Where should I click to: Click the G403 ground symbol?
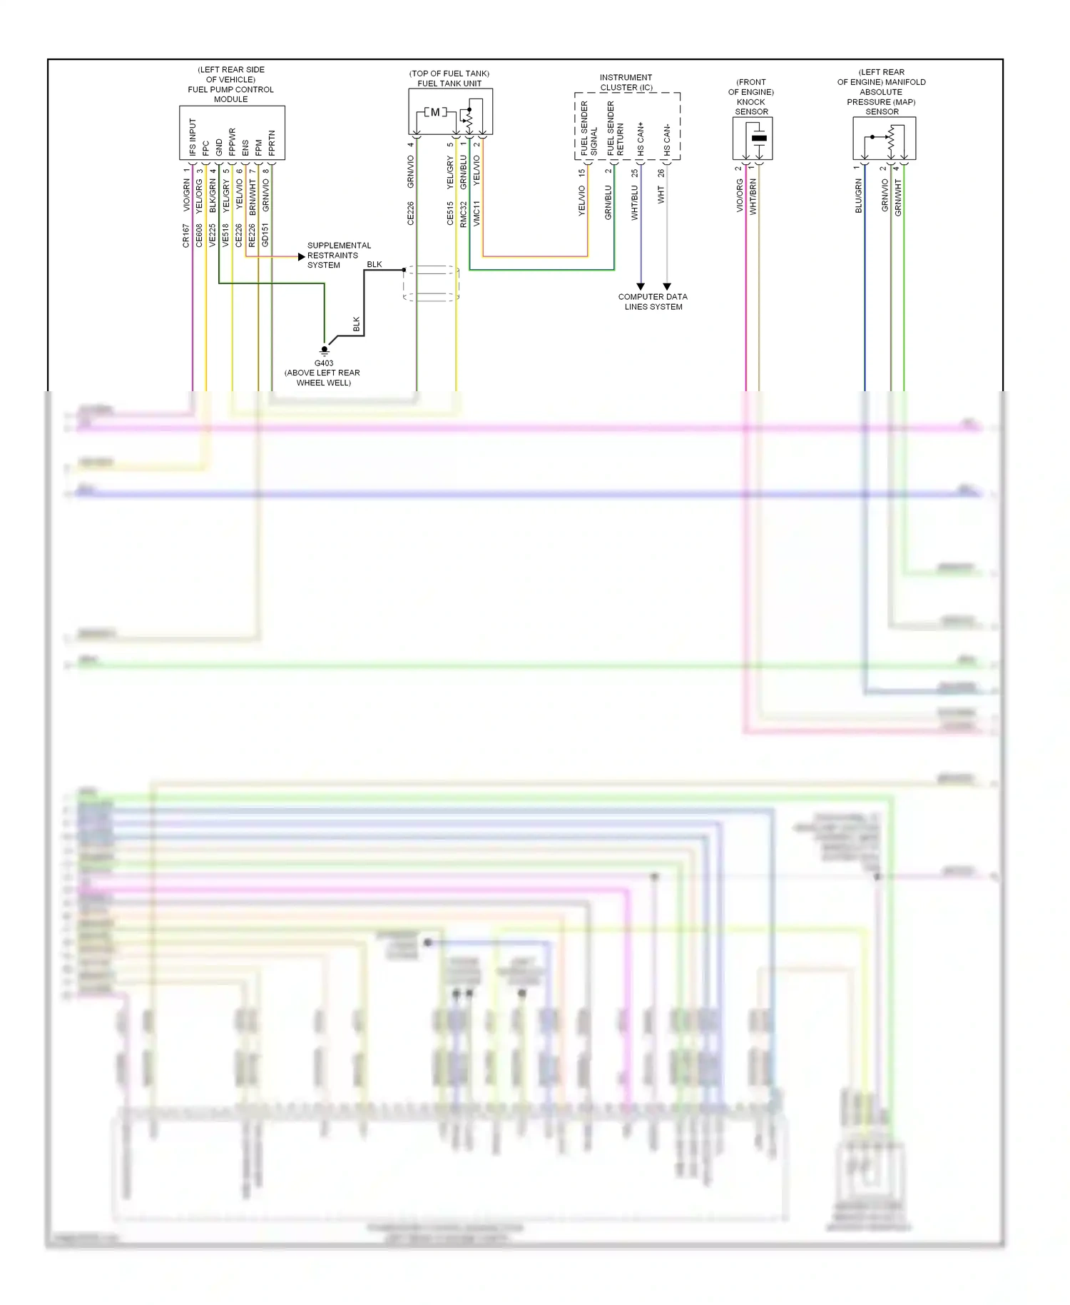pyautogui.click(x=325, y=350)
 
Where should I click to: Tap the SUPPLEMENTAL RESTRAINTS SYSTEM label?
pyautogui.click(x=339, y=255)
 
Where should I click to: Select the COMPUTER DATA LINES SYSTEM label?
pyautogui.click(x=653, y=301)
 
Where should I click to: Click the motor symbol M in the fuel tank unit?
pyautogui.click(x=435, y=112)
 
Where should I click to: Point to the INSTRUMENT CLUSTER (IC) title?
pyautogui.click(x=626, y=82)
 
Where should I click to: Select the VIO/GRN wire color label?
pyautogui.click(x=187, y=195)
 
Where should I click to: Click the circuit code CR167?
pyautogui.click(x=186, y=236)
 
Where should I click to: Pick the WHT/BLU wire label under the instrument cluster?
pyautogui.click(x=634, y=203)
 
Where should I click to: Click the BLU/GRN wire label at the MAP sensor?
pyautogui.click(x=859, y=196)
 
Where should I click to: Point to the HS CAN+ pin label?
pyautogui.click(x=641, y=138)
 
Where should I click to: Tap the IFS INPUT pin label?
pyautogui.click(x=192, y=137)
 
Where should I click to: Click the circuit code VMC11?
pyautogui.click(x=477, y=213)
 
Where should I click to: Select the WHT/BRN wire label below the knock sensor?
pyautogui.click(x=753, y=196)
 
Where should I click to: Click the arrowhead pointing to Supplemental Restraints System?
pyautogui.click(x=302, y=256)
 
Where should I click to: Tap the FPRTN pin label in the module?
pyautogui.click(x=272, y=143)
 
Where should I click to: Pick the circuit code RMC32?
pyautogui.click(x=464, y=213)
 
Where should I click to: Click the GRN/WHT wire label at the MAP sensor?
pyautogui.click(x=898, y=197)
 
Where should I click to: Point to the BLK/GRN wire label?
pyautogui.click(x=213, y=195)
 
